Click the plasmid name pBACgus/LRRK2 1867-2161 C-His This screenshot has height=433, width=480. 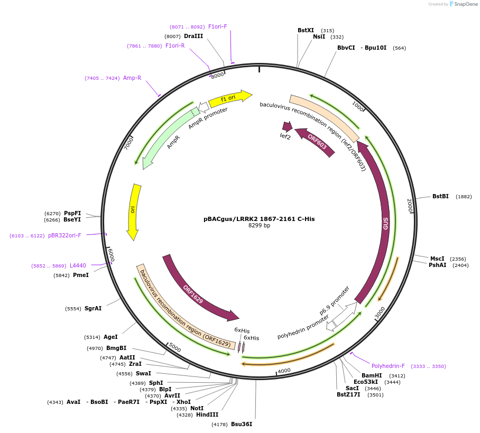click(x=259, y=218)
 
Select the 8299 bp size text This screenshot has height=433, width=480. click(x=259, y=226)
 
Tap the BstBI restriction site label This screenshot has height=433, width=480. click(x=440, y=196)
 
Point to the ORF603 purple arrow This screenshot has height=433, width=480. click(x=316, y=142)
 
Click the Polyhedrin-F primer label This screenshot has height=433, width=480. click(x=388, y=366)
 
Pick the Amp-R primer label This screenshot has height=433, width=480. click(x=132, y=78)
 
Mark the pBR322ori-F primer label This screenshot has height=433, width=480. click(x=64, y=236)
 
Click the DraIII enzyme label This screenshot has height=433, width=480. click(x=193, y=36)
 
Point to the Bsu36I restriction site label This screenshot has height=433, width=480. click(x=242, y=424)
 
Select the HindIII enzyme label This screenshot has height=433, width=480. click(x=207, y=414)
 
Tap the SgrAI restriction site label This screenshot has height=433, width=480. click(x=93, y=308)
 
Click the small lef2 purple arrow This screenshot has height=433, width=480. click(x=287, y=126)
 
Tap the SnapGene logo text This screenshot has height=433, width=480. click(x=466, y=4)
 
